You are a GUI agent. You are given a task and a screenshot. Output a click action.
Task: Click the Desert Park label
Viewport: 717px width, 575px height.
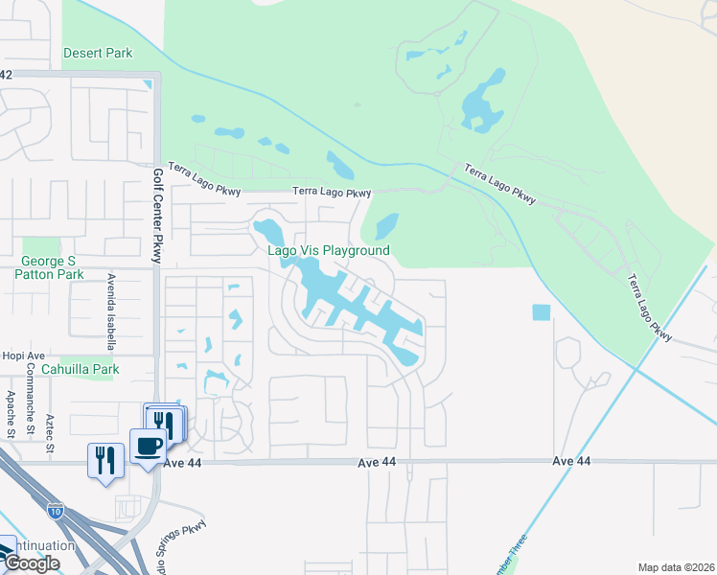[x=98, y=53]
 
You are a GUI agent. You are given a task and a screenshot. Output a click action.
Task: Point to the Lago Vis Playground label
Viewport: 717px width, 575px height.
[x=328, y=250]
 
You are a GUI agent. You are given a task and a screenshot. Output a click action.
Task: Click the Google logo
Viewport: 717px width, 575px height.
[x=32, y=563]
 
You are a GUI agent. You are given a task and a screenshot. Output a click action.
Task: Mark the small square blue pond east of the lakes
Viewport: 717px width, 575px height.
[x=542, y=312]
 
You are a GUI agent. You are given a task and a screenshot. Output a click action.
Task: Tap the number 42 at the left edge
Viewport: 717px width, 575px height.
[x=6, y=74]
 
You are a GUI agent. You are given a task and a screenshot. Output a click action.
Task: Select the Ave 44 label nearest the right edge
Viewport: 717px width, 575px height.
[x=571, y=461]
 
